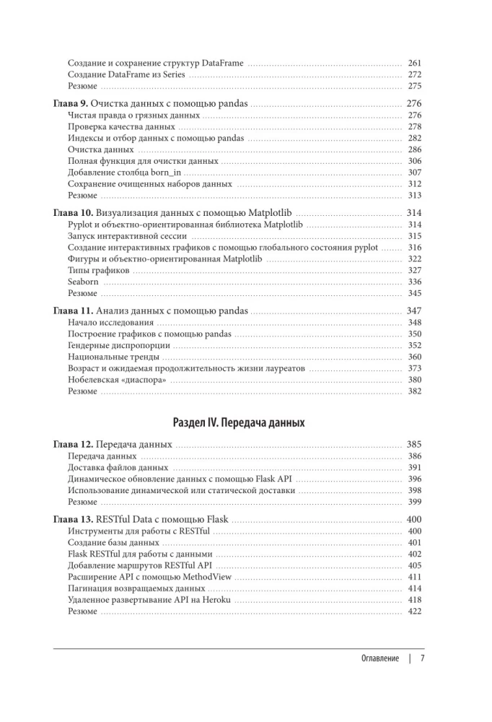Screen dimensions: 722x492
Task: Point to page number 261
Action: coord(414,64)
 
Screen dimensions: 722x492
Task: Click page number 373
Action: coord(414,368)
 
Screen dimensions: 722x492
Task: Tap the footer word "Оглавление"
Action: coord(379,658)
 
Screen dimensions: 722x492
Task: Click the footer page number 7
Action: coord(423,658)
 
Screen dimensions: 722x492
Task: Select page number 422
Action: coord(414,611)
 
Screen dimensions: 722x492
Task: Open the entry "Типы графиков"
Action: coord(99,270)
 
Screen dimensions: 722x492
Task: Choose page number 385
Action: coord(414,444)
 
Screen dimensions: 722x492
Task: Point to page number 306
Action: coord(414,161)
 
